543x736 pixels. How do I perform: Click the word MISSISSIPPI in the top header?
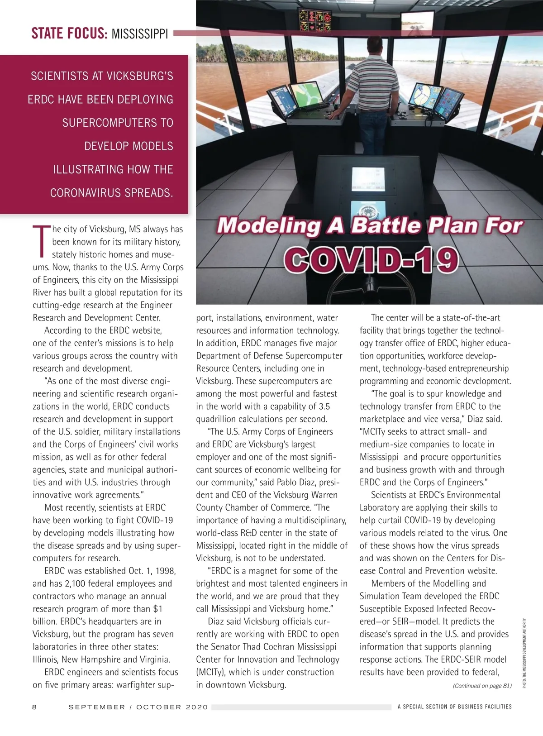pos(139,34)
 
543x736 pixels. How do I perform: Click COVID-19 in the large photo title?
pos(371,260)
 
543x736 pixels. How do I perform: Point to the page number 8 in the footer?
pos(35,707)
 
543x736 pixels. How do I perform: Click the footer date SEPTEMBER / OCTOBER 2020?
pos(138,707)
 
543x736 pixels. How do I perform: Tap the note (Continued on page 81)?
pos(482,686)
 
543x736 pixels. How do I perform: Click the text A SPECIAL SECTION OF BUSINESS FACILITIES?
pos(454,707)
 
